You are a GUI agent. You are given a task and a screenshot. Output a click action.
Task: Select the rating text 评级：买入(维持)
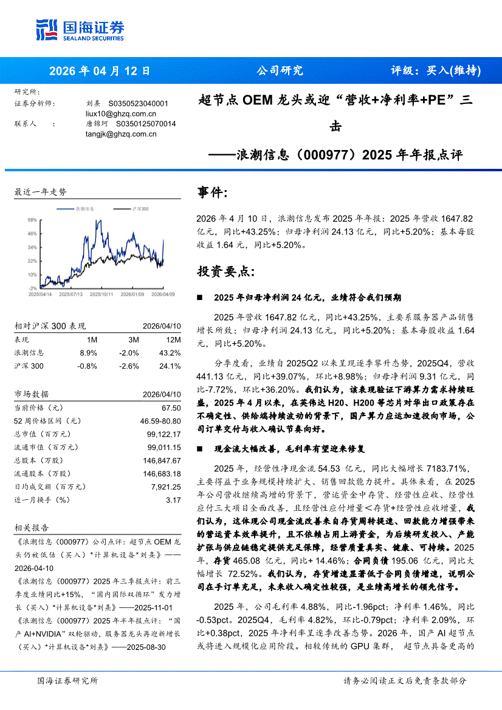click(x=435, y=70)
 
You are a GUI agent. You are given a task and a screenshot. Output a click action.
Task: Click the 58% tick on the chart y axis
click(x=32, y=219)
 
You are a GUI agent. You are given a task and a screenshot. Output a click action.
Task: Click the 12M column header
click(x=173, y=340)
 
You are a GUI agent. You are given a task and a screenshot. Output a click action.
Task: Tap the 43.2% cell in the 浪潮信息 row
click(x=171, y=353)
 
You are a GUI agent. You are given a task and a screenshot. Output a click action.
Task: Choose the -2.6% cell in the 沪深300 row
click(x=129, y=366)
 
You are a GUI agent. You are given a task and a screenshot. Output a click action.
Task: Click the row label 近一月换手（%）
click(x=42, y=500)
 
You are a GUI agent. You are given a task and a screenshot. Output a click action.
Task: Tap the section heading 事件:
click(x=213, y=193)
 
